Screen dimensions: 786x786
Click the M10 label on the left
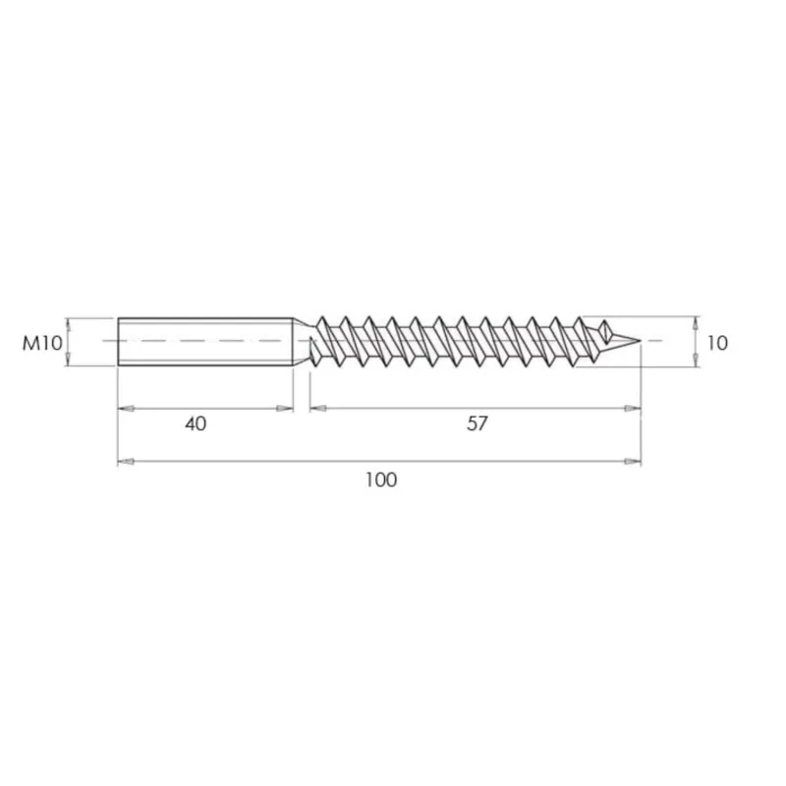tap(42, 343)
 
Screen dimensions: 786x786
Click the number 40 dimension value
tap(196, 424)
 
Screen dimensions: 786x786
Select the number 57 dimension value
tap(477, 423)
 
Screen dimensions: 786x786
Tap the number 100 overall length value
tap(381, 480)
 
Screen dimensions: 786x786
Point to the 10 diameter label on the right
tap(717, 343)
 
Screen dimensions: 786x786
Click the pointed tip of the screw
tap(641, 341)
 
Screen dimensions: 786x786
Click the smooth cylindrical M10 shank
tap(205, 342)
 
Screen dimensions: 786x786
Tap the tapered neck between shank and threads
tap(302, 342)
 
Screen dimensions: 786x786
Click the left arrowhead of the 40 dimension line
tap(126, 409)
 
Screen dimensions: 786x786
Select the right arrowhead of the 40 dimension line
tap(285, 409)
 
